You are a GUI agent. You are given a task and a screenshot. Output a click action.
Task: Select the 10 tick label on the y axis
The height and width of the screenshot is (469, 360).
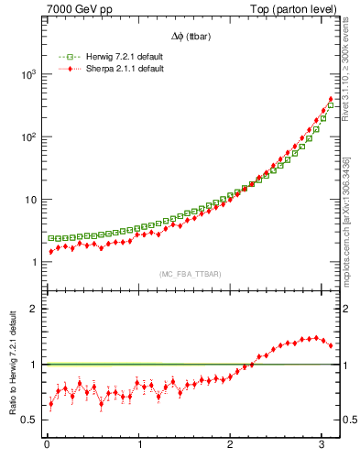(x=31, y=200)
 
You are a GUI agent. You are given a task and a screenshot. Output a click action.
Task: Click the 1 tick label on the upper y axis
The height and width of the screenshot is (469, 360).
(x=35, y=263)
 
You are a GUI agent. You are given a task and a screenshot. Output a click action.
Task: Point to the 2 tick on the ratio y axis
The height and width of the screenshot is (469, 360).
(x=35, y=309)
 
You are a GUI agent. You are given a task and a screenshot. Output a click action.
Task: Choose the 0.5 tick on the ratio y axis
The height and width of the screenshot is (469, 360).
(x=30, y=420)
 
